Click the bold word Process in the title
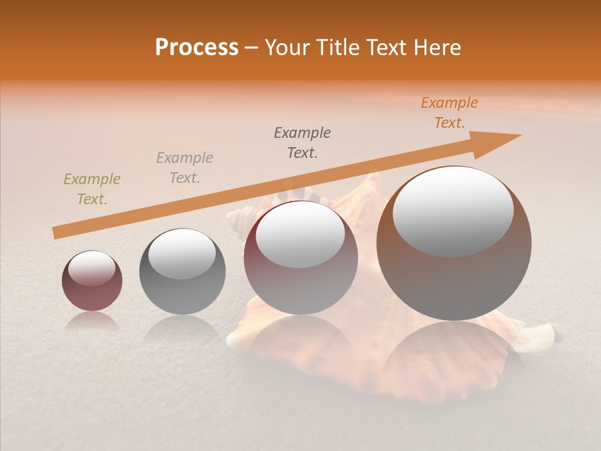point(197,48)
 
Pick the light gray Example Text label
point(185,168)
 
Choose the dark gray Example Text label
point(302,143)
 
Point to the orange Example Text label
point(449,113)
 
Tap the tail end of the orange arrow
point(55,233)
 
